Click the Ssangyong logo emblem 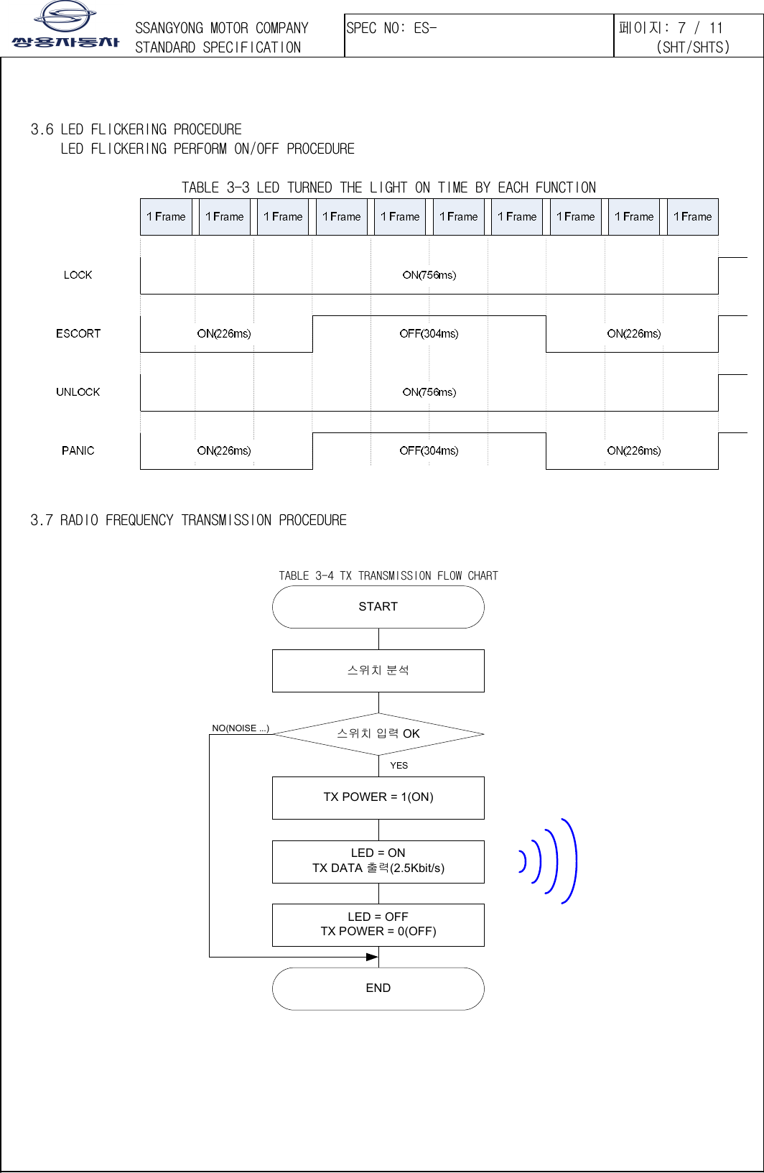click(65, 16)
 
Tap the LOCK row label click(78, 275)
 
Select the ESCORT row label click(78, 333)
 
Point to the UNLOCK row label click(78, 392)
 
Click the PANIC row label click(78, 450)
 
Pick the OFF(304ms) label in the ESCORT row click(429, 333)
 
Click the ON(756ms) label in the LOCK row click(429, 275)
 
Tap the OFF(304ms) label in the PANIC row click(429, 450)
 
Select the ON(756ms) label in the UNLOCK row click(429, 392)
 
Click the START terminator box click(378, 607)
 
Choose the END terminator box click(378, 988)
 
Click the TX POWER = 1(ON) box click(378, 797)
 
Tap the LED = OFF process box click(378, 924)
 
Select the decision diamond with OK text click(378, 733)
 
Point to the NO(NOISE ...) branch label click(240, 728)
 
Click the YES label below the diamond click(399, 766)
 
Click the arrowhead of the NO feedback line click(372, 957)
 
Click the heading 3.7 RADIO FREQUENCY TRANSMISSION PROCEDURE click(188, 520)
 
